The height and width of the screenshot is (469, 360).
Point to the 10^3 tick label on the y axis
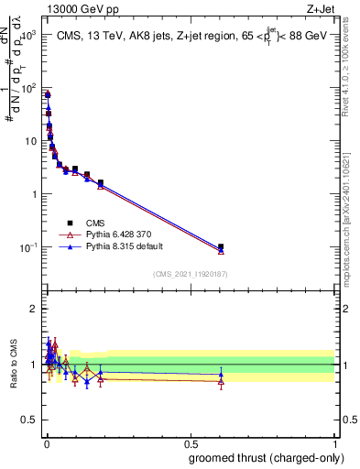(27, 35)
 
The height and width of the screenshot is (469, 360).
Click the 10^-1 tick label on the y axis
(27, 247)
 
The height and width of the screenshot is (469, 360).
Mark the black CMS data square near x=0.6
(221, 246)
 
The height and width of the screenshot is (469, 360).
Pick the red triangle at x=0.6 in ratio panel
(221, 382)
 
